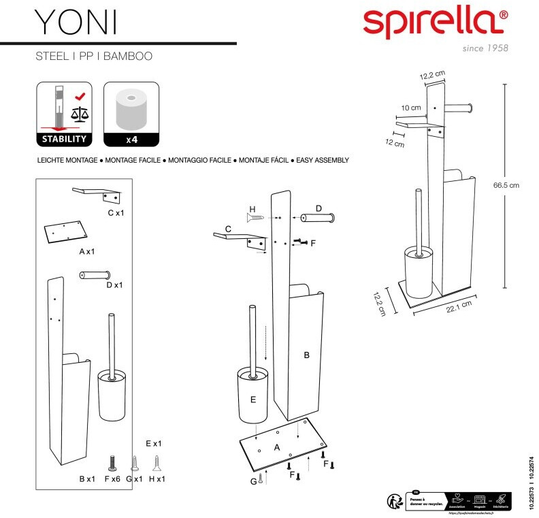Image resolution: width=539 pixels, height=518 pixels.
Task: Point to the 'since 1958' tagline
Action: [x=485, y=48]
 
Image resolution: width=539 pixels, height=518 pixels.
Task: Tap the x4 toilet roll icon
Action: [x=131, y=114]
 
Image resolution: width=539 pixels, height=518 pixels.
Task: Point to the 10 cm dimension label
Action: [x=410, y=108]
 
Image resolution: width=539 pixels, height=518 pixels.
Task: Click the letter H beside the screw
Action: [x=252, y=208]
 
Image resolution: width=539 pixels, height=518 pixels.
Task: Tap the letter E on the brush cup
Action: [x=252, y=400]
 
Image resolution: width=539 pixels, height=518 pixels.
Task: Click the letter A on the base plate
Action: [x=277, y=447]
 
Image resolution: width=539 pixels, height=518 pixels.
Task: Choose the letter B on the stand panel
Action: [x=306, y=355]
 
